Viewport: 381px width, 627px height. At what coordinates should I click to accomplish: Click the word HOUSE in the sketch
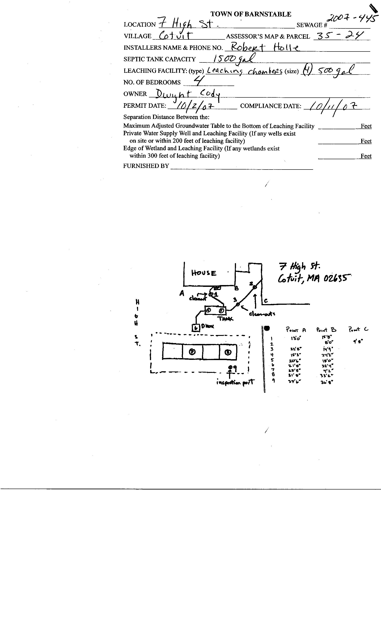[204, 273]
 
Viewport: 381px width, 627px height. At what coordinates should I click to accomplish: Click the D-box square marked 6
[195, 328]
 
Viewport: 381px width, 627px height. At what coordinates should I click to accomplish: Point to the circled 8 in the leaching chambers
[228, 352]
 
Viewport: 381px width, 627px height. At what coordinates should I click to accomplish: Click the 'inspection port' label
[235, 382]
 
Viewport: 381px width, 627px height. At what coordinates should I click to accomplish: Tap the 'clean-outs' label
[262, 314]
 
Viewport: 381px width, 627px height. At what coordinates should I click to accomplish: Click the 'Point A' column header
[296, 330]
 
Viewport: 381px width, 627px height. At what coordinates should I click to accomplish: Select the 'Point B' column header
[326, 330]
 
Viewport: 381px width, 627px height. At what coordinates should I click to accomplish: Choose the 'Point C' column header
[358, 329]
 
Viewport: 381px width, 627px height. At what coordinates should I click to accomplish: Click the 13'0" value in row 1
[296, 338]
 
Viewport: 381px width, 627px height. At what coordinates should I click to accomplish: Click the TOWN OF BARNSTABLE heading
[251, 14]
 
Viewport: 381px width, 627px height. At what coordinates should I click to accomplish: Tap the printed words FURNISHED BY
[146, 166]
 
